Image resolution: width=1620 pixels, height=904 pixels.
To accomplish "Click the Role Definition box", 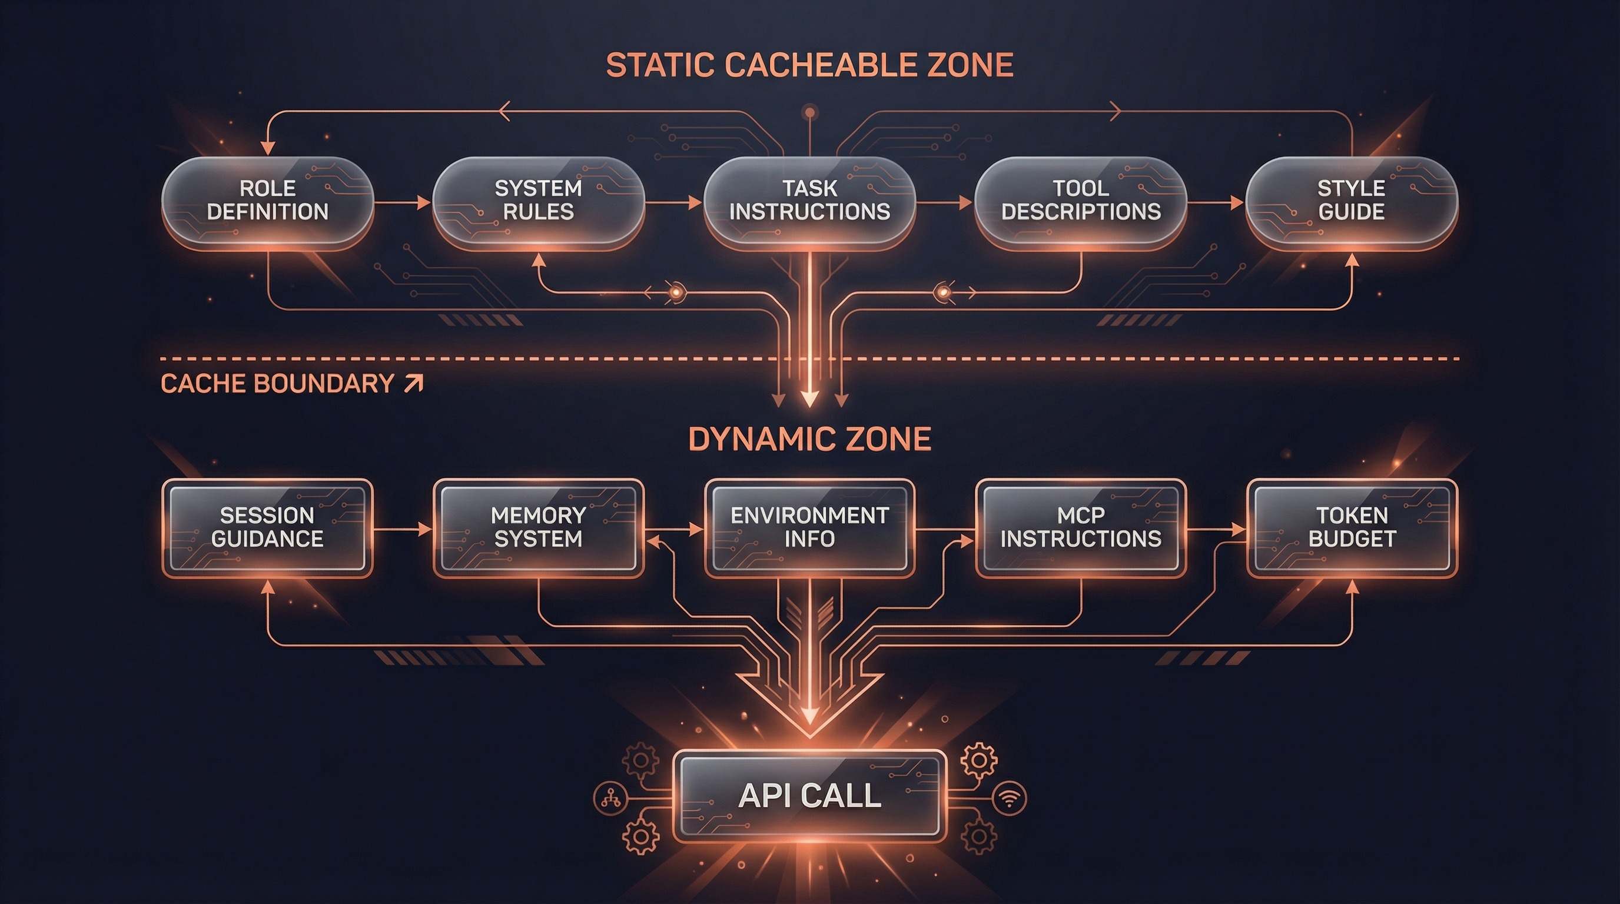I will point(268,201).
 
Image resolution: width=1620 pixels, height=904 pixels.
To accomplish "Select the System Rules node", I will point(538,201).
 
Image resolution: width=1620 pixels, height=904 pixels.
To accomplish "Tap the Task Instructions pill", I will point(809,201).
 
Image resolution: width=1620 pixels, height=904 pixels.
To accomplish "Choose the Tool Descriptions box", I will point(1080,201).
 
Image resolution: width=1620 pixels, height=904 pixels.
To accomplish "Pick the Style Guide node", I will point(1352,201).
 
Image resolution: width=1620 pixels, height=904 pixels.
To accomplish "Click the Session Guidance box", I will point(267,527).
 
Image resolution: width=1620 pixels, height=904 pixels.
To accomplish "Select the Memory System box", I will point(538,527).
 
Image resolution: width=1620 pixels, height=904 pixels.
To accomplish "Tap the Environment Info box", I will point(809,527).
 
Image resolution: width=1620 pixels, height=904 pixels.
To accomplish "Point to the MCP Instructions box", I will point(1080,527).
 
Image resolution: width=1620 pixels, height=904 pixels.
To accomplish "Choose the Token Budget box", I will point(1352,527).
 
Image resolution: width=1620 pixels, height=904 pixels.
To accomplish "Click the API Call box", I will point(809,796).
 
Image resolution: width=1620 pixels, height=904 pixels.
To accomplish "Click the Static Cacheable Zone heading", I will point(809,65).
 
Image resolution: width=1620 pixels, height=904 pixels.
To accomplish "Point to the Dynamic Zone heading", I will point(809,439).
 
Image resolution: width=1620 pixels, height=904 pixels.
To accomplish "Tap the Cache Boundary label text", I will point(277,384).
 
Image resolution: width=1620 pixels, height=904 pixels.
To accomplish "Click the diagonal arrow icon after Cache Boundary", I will point(414,383).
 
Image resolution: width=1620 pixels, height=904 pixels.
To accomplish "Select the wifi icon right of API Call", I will point(1010,799).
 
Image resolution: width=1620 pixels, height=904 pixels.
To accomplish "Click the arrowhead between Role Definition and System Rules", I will point(423,202).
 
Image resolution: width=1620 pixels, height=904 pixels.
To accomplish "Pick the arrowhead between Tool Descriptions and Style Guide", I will point(1236,202).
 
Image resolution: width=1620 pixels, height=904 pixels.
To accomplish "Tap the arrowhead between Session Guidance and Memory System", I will point(424,529).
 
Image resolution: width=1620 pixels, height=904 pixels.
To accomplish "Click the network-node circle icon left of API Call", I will point(610,799).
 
